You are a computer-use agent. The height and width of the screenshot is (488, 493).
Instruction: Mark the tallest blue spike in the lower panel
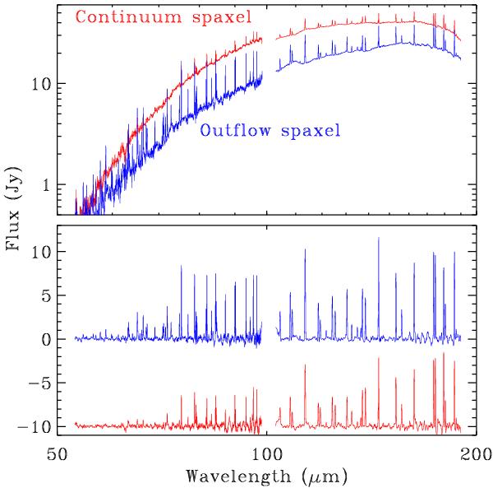379,239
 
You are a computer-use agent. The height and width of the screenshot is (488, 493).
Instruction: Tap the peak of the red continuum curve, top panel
411,21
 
